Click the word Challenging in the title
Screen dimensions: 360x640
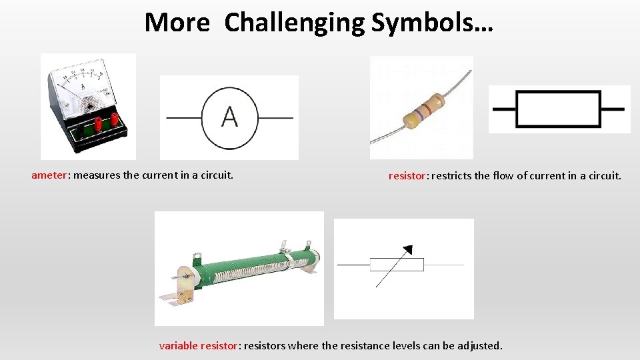tap(294, 23)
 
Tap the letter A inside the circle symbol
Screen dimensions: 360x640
tap(229, 117)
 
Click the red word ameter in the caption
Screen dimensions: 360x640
tap(49, 175)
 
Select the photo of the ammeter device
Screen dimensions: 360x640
tap(88, 107)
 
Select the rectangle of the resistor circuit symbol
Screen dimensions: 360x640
tap(559, 109)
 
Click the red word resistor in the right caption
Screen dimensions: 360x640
tap(407, 176)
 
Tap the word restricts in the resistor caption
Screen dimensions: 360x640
tap(455, 176)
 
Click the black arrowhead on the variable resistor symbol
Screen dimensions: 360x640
tap(408, 249)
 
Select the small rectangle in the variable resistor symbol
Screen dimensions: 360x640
tap(397, 265)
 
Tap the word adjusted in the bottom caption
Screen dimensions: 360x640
tap(479, 345)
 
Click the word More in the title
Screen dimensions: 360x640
tap(177, 23)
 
